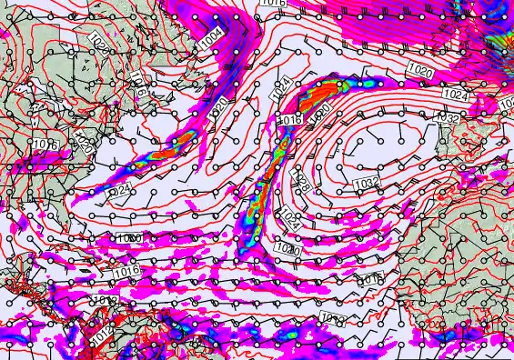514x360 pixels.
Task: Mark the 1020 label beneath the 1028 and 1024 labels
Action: tap(287, 248)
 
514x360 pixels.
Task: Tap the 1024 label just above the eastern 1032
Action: tap(455, 95)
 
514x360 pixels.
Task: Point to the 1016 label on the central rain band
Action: tap(289, 120)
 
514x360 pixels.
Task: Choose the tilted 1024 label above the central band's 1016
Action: tap(280, 88)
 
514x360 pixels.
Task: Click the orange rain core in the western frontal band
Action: tap(183, 139)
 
